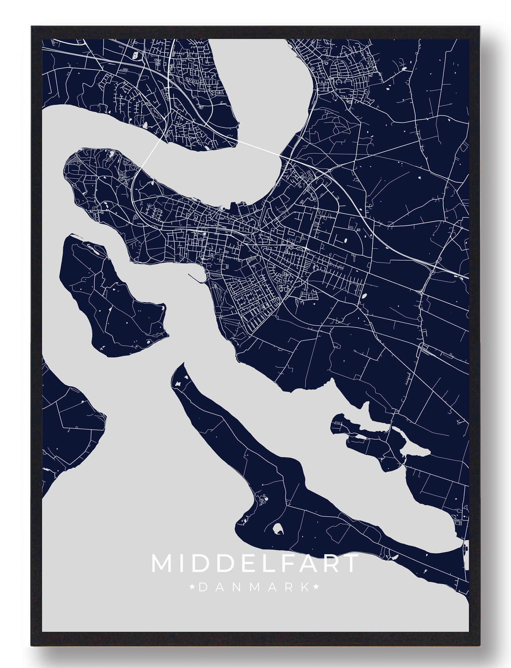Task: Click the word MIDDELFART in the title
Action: point(255,563)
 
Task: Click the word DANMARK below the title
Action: point(254,587)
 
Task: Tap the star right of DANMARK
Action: point(316,587)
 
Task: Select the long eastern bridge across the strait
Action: point(260,147)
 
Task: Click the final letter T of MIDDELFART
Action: point(350,563)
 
